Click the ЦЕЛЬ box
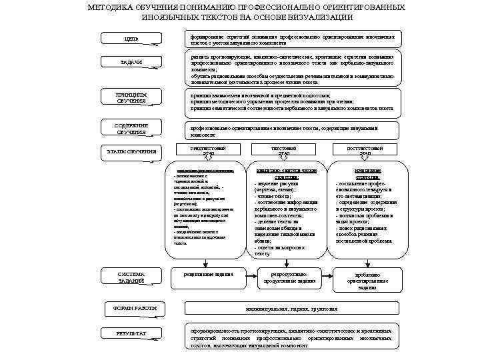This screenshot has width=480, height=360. click(x=131, y=39)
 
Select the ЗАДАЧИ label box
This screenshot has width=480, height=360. click(x=131, y=63)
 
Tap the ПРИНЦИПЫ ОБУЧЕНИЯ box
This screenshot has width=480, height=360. click(x=131, y=98)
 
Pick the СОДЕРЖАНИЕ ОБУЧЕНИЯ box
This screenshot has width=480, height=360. click(x=131, y=129)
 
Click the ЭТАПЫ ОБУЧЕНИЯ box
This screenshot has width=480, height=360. click(x=132, y=152)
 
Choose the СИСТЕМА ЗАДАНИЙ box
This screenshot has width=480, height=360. click(x=131, y=277)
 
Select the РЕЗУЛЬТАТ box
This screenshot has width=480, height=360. click(x=131, y=333)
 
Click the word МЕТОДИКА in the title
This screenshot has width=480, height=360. click(x=112, y=7)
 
